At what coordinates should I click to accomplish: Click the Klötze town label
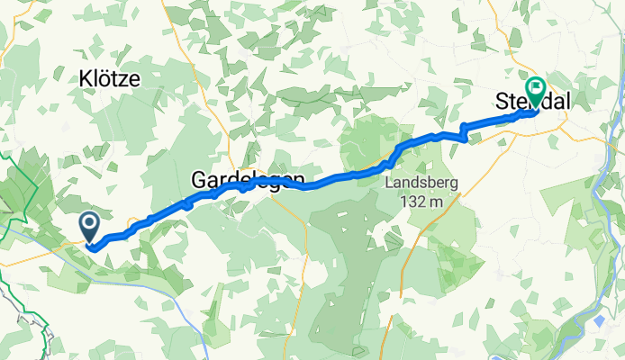[107, 79]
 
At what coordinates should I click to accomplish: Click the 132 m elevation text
[422, 202]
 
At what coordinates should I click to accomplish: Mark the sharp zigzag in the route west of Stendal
[464, 133]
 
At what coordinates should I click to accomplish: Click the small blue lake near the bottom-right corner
[600, 321]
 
